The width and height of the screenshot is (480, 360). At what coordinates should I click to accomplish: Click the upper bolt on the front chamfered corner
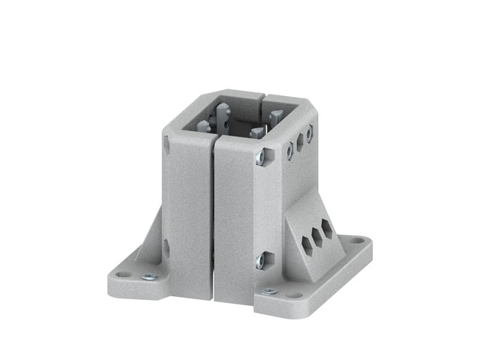pyautogui.click(x=259, y=157)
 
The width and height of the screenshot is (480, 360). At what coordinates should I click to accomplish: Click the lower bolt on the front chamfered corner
pyautogui.click(x=260, y=260)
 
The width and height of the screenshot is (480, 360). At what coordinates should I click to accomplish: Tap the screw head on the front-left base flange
pyautogui.click(x=150, y=277)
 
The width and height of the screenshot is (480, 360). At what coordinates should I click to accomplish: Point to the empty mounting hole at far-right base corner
pyautogui.click(x=358, y=241)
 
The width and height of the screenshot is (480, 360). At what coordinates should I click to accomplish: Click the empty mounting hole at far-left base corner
pyautogui.click(x=122, y=274)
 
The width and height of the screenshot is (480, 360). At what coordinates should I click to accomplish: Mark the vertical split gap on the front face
pyautogui.click(x=212, y=217)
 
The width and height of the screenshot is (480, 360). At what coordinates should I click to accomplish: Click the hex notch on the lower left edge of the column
pyautogui.click(x=166, y=247)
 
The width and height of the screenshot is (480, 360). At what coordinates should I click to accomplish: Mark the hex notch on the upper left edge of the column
pyautogui.click(x=166, y=144)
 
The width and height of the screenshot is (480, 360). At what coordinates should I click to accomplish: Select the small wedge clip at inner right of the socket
pyautogui.click(x=275, y=115)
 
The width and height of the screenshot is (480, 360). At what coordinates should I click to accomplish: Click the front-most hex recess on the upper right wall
pyautogui.click(x=289, y=151)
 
